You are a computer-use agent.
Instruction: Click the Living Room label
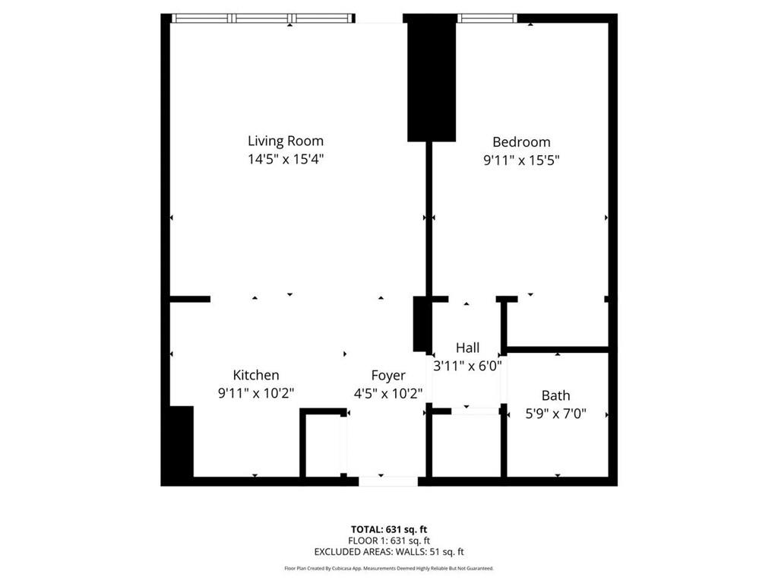tap(286, 141)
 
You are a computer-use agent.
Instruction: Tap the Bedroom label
tap(521, 141)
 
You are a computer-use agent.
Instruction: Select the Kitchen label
tap(255, 375)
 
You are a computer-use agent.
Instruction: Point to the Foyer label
tap(388, 375)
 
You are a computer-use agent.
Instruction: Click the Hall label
tap(467, 348)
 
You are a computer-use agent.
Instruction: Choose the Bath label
tap(555, 395)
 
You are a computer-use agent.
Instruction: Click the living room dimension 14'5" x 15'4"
tap(286, 160)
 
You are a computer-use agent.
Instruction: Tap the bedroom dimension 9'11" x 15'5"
tap(521, 160)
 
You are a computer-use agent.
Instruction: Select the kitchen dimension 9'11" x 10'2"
tap(255, 393)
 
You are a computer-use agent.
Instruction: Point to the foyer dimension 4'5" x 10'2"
tap(388, 393)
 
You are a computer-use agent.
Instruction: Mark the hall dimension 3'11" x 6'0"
tap(467, 366)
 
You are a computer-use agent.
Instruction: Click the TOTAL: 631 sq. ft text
tap(388, 529)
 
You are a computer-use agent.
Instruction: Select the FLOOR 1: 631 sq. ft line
tap(388, 541)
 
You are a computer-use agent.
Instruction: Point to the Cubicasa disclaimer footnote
tap(388, 568)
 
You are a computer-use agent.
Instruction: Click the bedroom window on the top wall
tap(487, 18)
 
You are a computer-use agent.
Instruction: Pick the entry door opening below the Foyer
tap(388, 481)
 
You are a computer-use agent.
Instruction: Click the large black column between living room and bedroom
tap(431, 80)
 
